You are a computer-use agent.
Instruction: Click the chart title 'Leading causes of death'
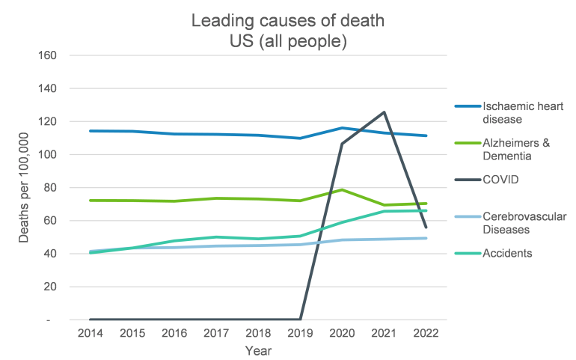(288, 21)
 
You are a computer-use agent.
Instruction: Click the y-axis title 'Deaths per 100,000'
(24, 187)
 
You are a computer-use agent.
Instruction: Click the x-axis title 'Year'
(258, 350)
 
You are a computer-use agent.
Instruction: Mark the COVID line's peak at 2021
(384, 112)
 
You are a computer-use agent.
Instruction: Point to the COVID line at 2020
(342, 144)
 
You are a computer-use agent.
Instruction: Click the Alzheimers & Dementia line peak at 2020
(342, 190)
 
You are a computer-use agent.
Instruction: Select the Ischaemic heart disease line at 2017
(216, 135)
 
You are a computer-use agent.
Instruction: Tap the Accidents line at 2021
(384, 212)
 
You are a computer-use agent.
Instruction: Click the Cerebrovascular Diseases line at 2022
(426, 238)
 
